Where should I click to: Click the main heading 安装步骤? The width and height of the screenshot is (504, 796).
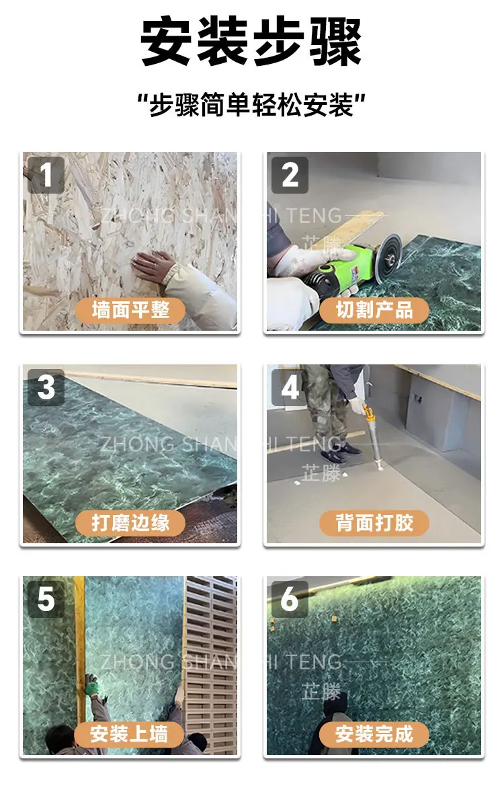(x=251, y=41)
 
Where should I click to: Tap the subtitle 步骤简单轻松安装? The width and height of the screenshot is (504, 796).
(x=252, y=105)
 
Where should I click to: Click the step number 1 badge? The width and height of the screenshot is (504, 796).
(x=46, y=175)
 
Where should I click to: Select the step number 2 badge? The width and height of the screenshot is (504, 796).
(x=290, y=175)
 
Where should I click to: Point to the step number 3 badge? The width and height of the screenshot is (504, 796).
(x=46, y=387)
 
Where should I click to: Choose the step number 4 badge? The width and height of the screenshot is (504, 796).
(x=290, y=387)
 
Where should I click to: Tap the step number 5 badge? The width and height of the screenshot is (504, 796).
(x=46, y=599)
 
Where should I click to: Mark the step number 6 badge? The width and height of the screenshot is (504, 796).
(x=290, y=599)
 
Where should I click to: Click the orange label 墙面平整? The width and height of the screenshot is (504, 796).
(x=130, y=310)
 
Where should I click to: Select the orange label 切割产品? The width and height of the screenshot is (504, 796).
(x=374, y=310)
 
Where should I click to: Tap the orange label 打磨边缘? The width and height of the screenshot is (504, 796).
(x=130, y=522)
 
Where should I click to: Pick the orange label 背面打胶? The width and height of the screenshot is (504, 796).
(x=374, y=522)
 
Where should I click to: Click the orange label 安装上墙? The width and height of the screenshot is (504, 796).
(x=129, y=734)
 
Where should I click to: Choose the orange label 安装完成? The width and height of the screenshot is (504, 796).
(x=374, y=734)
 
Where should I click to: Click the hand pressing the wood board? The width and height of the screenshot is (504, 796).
(x=153, y=266)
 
